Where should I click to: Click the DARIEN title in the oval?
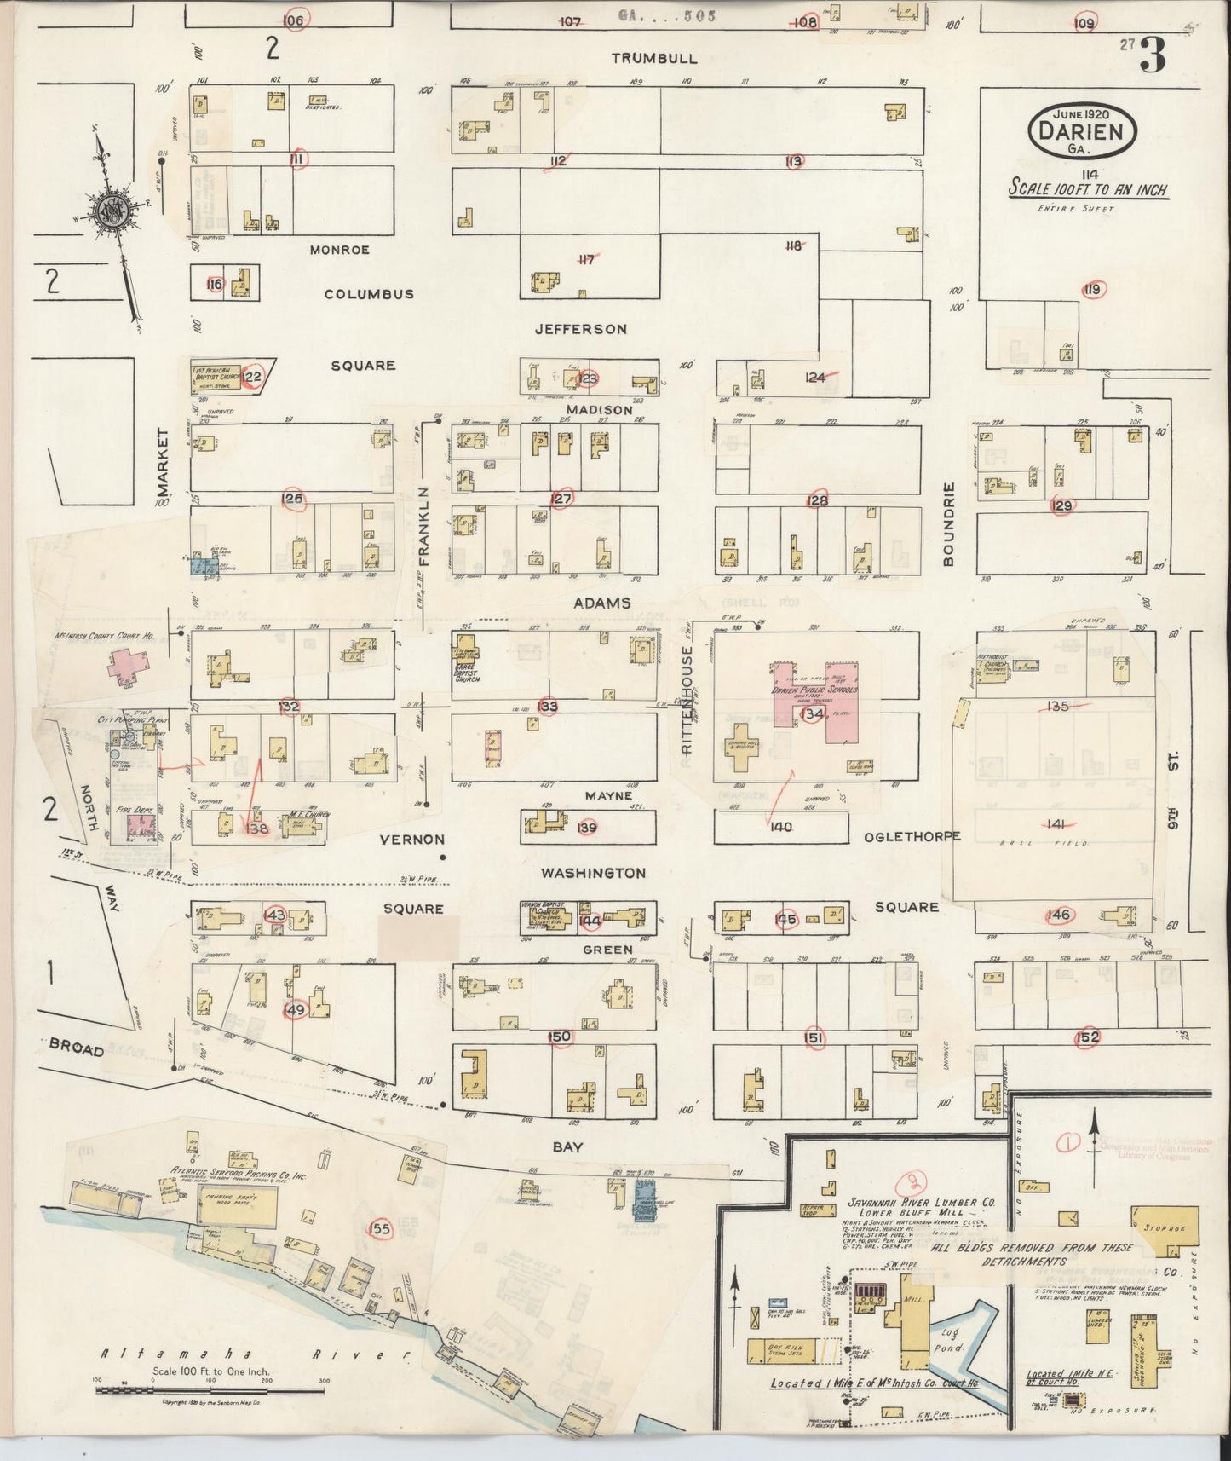point(1083,130)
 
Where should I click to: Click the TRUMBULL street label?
point(654,58)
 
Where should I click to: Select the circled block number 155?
point(380,1228)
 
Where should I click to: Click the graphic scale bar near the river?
point(210,1390)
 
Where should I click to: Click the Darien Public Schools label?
point(814,690)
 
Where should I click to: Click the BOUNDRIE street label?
point(950,523)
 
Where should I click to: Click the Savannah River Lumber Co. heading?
point(909,1203)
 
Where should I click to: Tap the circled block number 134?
point(813,714)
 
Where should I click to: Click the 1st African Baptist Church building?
point(218,376)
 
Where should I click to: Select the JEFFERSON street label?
point(580,329)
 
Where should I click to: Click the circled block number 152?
point(1088,1037)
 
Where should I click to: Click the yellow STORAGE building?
point(1162,1230)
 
